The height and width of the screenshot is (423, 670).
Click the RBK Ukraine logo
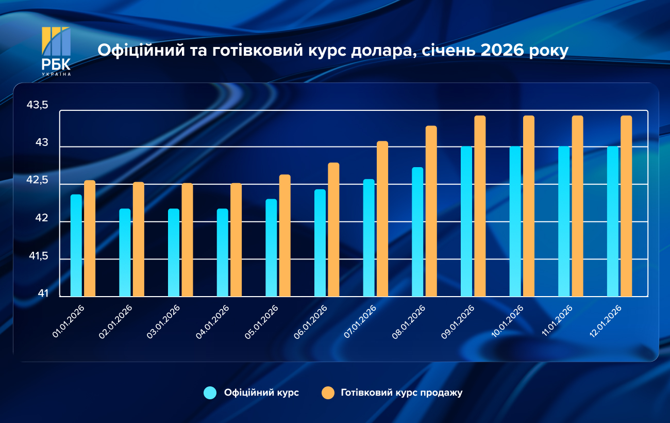click(56, 51)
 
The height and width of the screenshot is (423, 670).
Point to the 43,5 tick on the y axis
click(37, 106)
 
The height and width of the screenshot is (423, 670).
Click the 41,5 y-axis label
click(37, 256)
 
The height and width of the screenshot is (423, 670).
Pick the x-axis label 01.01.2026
click(69, 321)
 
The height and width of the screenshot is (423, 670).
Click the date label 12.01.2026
click(605, 321)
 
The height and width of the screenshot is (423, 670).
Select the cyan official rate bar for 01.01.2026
click(76, 246)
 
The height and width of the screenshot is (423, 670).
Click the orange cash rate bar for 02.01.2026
click(139, 239)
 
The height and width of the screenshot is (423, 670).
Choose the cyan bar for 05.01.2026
click(271, 248)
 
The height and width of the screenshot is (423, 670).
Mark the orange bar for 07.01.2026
click(382, 219)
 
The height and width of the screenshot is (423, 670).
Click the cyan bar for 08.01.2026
click(417, 232)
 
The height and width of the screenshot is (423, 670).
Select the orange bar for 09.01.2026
click(480, 206)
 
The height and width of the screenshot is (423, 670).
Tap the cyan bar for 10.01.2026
click(515, 222)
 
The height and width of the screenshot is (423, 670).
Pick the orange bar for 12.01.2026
click(626, 206)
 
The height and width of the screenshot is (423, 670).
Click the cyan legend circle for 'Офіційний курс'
click(210, 393)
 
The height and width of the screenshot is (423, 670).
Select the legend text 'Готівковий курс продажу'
click(401, 393)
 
